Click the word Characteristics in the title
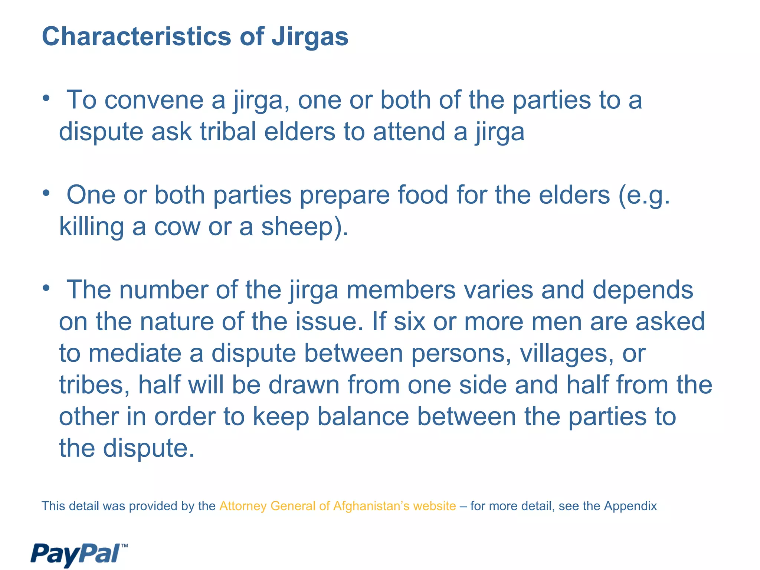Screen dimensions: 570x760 click(137, 37)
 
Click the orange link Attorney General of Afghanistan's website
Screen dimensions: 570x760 click(337, 506)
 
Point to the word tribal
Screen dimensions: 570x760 click(228, 132)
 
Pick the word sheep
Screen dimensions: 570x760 click(297, 227)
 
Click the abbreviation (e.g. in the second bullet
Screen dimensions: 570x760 click(644, 196)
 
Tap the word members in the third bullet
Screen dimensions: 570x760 click(401, 290)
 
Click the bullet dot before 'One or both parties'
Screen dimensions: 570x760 click(46, 193)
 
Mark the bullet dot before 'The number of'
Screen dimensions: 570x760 click(46, 288)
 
